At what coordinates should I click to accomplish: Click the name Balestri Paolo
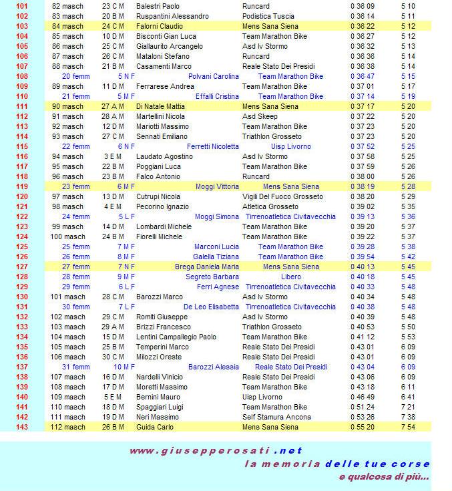[153, 6]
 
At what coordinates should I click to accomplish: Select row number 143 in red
[21, 427]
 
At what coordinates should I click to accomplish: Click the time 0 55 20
[362, 427]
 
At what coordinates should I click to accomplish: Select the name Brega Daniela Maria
[207, 267]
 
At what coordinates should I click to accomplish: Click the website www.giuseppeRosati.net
[216, 450]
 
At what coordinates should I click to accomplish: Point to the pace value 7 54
[408, 427]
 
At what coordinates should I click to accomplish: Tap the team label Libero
[290, 277]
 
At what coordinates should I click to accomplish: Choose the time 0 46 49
[362, 397]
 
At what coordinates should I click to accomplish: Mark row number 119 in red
[21, 186]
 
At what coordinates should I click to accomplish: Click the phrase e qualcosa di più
[383, 477]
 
